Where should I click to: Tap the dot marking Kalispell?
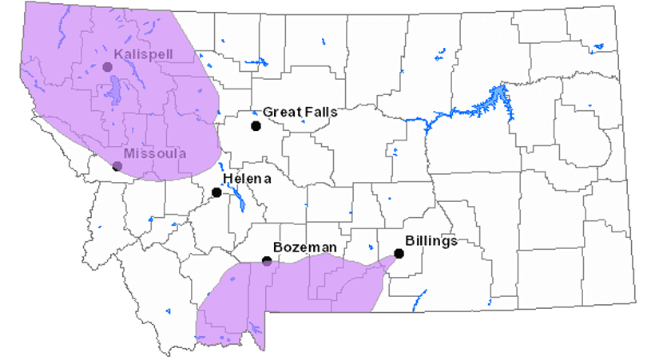click(107, 67)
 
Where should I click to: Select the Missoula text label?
click(155, 152)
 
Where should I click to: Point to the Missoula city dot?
click(117, 166)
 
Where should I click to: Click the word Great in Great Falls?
click(281, 113)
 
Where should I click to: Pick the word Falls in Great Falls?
click(320, 113)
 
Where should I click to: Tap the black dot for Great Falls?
click(256, 126)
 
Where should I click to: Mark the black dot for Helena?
click(216, 192)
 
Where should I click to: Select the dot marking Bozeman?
click(267, 261)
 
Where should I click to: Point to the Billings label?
click(431, 240)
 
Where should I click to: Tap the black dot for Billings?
click(399, 254)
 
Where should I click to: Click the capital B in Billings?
click(409, 240)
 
